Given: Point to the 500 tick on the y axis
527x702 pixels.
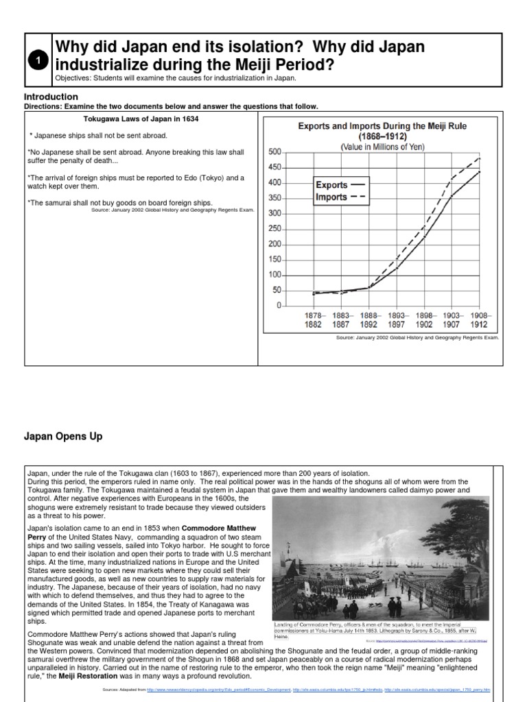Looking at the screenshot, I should (274, 152).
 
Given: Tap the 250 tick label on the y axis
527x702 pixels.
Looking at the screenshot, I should (274, 228).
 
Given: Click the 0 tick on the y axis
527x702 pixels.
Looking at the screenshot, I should (279, 306).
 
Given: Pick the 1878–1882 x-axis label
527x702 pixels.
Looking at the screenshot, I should (312, 320).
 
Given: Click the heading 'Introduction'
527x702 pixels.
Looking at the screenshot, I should (51, 97).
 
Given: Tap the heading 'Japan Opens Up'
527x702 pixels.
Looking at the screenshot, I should (63, 437).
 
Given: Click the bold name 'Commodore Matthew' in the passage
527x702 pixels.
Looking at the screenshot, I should (226, 529).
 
